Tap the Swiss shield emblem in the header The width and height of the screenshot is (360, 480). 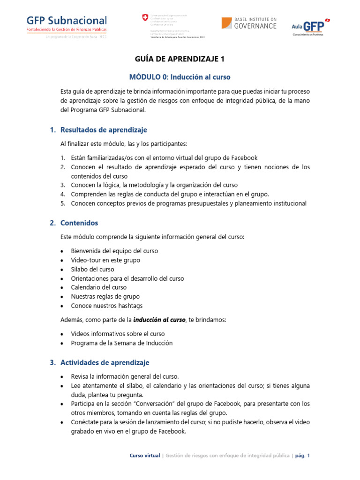click(x=144, y=18)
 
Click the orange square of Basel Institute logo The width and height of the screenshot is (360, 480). click(x=227, y=23)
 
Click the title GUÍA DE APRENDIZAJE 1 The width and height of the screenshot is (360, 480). click(x=180, y=59)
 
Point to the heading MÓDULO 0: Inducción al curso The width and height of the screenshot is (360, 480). click(x=180, y=76)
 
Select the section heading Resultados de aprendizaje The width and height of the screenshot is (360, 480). click(x=104, y=130)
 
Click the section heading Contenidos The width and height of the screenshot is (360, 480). click(x=79, y=223)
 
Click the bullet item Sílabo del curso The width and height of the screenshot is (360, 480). click(x=92, y=269)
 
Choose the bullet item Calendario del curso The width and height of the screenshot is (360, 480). click(x=98, y=287)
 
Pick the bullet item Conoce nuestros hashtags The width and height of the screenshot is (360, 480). click(x=106, y=306)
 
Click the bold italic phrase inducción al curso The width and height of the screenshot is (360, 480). click(x=159, y=320)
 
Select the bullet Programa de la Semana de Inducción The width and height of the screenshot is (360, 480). click(x=121, y=343)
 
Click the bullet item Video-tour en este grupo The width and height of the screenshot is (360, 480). click(x=105, y=260)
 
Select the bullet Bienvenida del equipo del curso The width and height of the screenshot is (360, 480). click(x=114, y=251)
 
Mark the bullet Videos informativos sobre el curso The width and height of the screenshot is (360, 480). click(x=118, y=334)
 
